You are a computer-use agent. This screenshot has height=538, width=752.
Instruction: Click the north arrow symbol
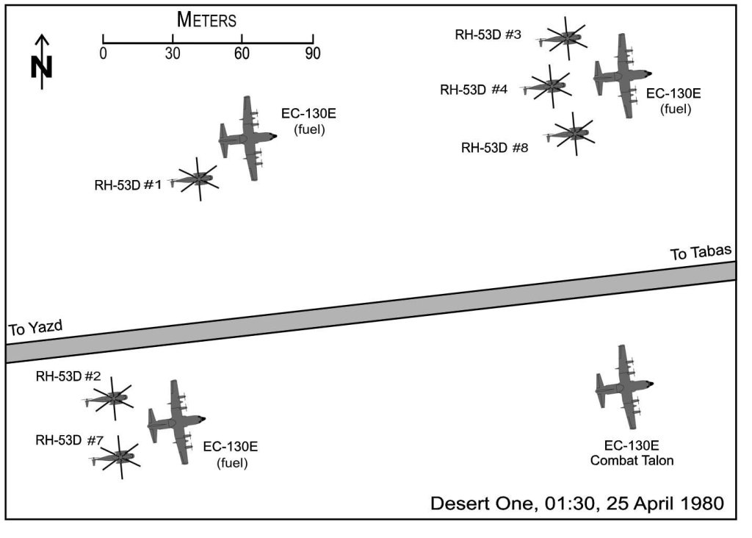(42, 62)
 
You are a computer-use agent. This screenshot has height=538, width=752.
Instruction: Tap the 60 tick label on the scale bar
(242, 53)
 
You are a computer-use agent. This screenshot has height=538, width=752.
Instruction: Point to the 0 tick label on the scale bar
(103, 53)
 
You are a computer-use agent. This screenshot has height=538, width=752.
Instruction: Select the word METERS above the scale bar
(206, 20)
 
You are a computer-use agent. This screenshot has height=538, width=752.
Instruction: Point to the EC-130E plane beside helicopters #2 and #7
(177, 423)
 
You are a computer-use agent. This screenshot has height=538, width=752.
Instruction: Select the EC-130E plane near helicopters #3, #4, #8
(623, 76)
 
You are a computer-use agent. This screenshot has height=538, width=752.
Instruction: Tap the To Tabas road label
(701, 252)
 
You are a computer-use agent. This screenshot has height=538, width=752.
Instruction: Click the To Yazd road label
(35, 328)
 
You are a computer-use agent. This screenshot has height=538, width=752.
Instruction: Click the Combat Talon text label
(632, 461)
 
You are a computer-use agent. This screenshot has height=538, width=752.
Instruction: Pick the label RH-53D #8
(494, 148)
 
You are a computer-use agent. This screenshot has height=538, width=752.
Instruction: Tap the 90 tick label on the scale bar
(312, 53)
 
